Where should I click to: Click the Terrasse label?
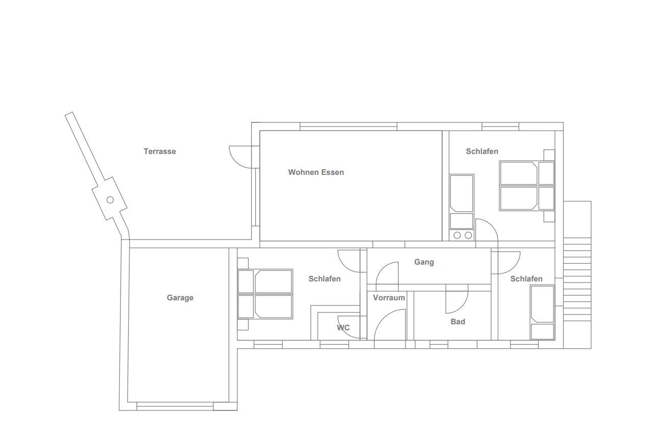[160, 151]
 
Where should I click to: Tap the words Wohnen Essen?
[316, 172]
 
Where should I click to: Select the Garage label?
[180, 298]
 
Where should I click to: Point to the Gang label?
[424, 262]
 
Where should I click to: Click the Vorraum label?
[389, 298]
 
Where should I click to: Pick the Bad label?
[458, 322]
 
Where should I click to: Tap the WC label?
[343, 328]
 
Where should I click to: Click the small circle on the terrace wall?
[110, 200]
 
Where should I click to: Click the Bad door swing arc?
[462, 307]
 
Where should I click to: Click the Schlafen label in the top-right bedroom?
[482, 151]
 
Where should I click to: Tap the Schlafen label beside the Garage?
[325, 279]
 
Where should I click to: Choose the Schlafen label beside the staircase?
[526, 279]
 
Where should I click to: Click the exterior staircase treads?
[577, 279]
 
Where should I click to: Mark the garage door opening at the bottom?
[175, 406]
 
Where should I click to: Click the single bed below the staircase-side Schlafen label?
[543, 313]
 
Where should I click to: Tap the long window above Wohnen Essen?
[349, 126]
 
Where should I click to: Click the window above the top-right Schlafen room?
[500, 126]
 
